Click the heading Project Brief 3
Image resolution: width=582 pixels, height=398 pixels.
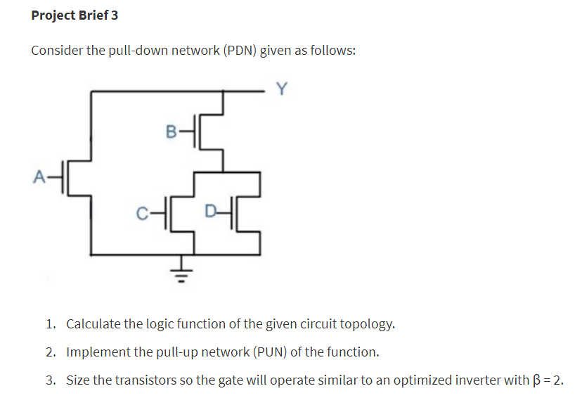(75, 15)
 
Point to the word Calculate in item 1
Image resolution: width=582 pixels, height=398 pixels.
(93, 324)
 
